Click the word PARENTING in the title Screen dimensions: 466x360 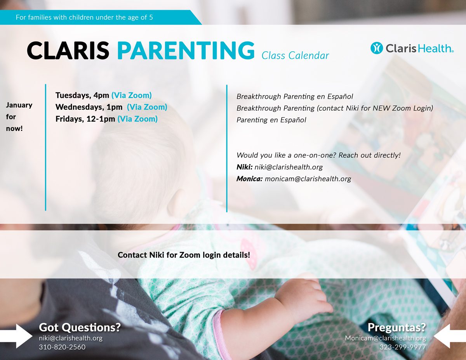tap(186, 50)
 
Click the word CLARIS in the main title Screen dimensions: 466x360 tap(68, 50)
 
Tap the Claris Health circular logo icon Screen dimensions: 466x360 tap(377, 48)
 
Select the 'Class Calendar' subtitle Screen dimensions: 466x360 tap(295, 56)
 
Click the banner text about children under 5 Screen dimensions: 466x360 tap(84, 17)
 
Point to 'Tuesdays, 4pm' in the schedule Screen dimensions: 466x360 tap(82, 96)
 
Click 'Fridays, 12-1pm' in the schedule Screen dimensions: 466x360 tap(85, 119)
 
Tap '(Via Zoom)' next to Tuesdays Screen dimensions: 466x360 tap(132, 96)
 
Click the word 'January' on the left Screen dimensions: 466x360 tap(19, 105)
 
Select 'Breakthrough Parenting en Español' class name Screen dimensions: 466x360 tap(295, 96)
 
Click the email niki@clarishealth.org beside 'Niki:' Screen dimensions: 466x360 tap(289, 167)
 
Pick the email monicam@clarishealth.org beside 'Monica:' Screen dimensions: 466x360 tap(308, 179)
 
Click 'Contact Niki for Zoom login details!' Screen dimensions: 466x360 tap(184, 255)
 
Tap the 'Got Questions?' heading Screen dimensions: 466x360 tap(80, 327)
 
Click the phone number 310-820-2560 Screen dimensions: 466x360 tap(62, 347)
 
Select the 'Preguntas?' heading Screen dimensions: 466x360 tap(397, 327)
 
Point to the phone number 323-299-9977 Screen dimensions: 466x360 tap(403, 347)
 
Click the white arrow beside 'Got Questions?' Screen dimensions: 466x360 tap(16, 336)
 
